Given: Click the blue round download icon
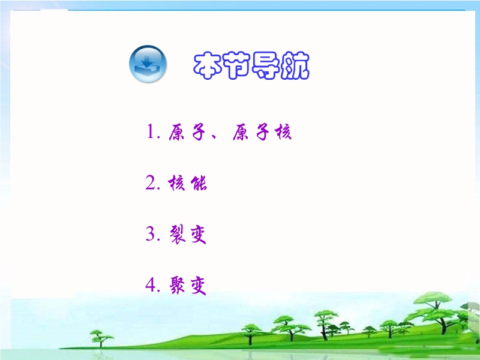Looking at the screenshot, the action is point(148,64).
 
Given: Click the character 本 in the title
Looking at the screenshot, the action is point(208,65).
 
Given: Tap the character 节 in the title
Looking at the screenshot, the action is point(236,65).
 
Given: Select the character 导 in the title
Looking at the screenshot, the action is point(265,65).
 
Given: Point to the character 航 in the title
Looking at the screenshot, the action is point(295,65).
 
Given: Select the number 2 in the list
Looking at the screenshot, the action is point(151,183).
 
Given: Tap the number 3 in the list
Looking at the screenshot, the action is point(151,234).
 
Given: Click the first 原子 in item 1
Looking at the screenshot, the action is point(187,132).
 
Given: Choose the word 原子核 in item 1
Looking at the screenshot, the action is point(262,132).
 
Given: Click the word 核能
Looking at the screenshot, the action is point(187,184).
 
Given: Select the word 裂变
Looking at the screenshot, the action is point(188,235).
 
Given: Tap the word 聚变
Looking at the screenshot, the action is point(188,286).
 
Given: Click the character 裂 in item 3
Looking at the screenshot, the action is point(178,235).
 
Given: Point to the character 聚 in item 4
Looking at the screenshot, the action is point(178,286).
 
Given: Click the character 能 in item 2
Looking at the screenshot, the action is point(199,184).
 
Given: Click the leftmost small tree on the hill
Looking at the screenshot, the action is point(100,338).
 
